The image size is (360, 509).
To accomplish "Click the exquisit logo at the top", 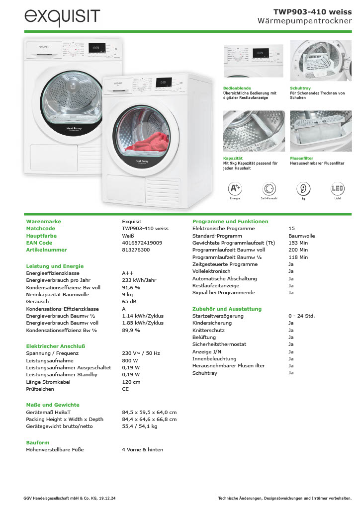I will pyautogui.click(x=62, y=18).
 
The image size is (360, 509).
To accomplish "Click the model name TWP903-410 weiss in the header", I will pyautogui.click(x=312, y=11).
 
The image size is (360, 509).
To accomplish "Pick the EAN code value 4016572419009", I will pyautogui.click(x=142, y=243).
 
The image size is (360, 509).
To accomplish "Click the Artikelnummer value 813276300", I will pyautogui.click(x=136, y=250).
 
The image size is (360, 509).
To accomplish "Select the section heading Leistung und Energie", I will pyautogui.click(x=55, y=266).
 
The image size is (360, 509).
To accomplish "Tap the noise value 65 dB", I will pyautogui.click(x=129, y=302).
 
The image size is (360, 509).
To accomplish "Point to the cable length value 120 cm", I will pyautogui.click(x=131, y=382).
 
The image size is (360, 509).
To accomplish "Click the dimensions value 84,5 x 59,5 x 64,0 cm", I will pyautogui.click(x=149, y=412).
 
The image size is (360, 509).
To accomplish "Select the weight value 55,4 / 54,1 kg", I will pyautogui.click(x=140, y=426).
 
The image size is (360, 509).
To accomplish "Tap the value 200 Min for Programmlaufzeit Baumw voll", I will pyautogui.click(x=298, y=250).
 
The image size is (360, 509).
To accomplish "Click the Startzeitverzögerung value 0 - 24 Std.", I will pyautogui.click(x=301, y=316).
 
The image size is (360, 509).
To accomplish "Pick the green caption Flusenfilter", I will pyautogui.click(x=301, y=158).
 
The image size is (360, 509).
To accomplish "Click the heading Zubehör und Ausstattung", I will pyautogui.click(x=227, y=309).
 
